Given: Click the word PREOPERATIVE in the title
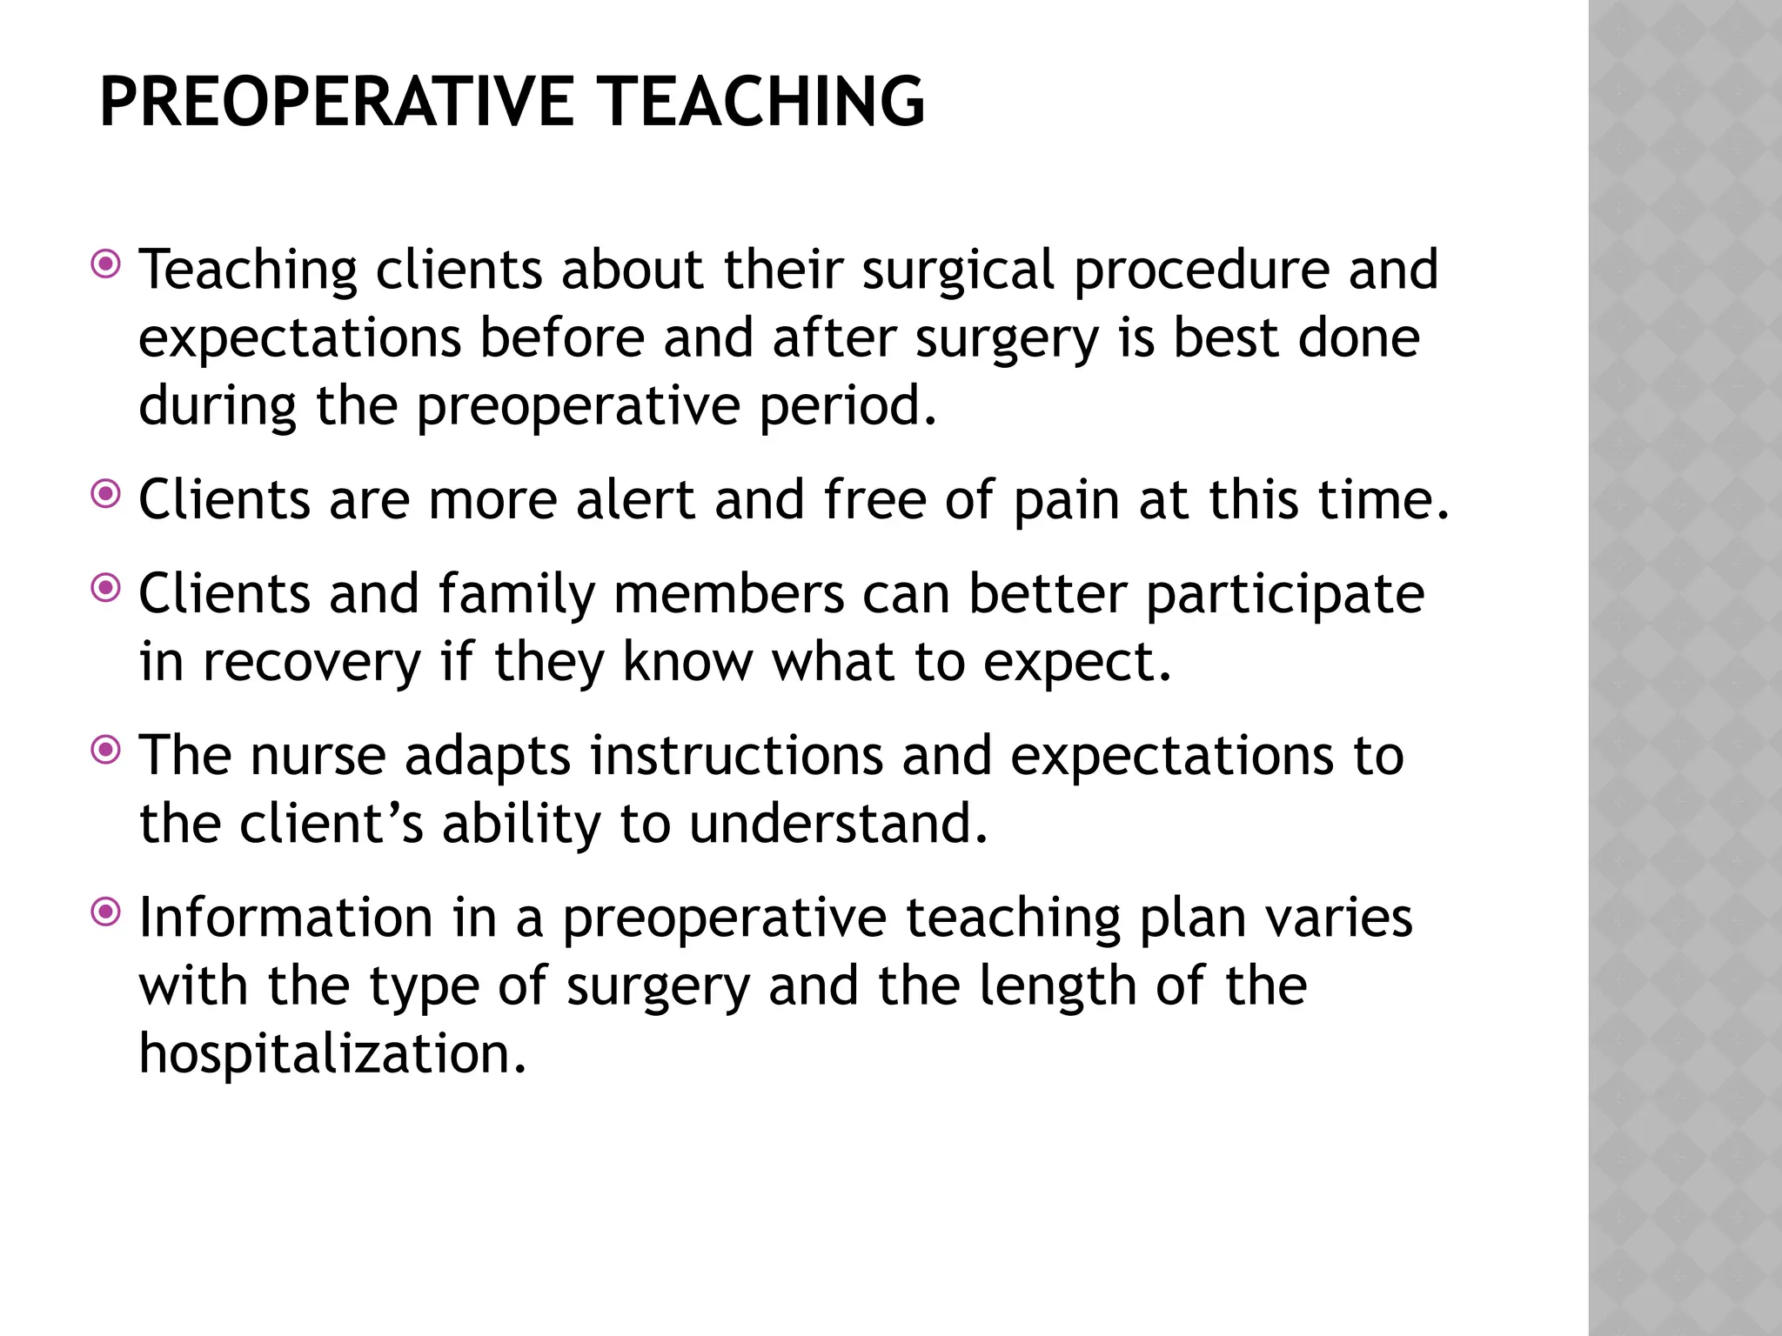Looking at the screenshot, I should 336,103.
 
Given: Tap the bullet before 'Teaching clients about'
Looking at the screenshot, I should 106,264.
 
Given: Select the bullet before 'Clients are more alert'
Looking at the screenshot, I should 106,496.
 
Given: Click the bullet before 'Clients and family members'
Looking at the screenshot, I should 106,590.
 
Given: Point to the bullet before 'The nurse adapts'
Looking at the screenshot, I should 106,751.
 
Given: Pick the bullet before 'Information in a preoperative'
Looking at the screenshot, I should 106,913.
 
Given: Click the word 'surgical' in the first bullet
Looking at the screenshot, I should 958,270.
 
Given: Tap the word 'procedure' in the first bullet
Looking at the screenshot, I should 1202,270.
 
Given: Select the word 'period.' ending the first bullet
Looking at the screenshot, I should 848,406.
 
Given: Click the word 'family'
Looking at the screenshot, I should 517,596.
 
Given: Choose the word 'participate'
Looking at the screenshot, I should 1284,596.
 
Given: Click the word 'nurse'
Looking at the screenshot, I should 318,756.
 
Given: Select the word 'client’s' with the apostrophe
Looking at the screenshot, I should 332,824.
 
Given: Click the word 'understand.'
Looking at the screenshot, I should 839,824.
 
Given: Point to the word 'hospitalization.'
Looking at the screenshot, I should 333,1054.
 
